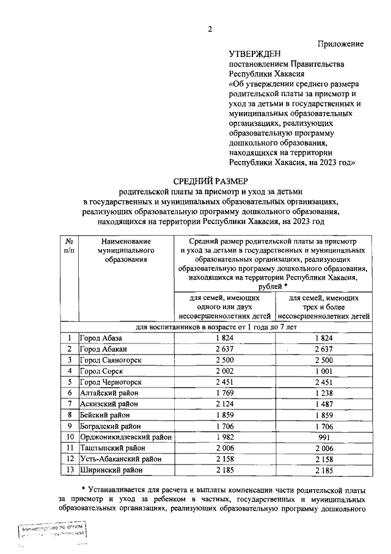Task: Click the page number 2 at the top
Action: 209,29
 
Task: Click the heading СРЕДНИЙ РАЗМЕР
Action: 211,181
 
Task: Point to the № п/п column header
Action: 70,245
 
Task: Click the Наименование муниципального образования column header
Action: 126,250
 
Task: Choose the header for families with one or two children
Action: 225,307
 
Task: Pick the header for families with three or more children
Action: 324,307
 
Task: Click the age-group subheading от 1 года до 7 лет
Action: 210,328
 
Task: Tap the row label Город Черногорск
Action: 109,381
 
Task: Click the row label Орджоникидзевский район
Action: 125,436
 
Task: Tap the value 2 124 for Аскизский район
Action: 225,403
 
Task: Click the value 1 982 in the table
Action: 225,436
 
